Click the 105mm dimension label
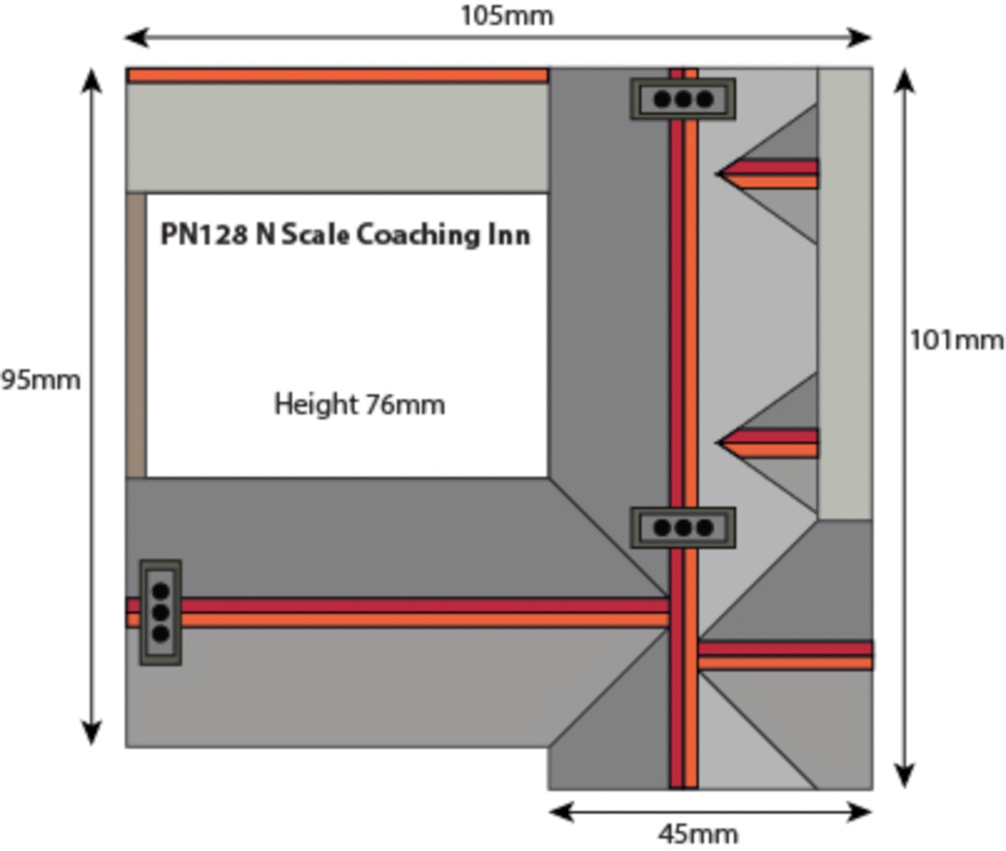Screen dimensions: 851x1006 coord(507,16)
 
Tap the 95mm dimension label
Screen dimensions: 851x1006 coord(40,381)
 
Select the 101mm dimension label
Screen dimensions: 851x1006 coord(956,340)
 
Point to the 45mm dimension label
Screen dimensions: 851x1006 coord(698,833)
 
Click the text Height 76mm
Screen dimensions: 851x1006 coord(360,405)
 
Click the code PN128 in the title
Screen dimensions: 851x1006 coord(204,234)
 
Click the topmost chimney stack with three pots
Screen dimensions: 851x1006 coord(683,99)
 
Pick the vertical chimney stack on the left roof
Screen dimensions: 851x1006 coord(161,612)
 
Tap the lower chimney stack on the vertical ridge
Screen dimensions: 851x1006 coord(683,528)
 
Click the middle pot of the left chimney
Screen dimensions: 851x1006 coord(161,612)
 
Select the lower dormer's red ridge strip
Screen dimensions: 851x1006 coord(774,436)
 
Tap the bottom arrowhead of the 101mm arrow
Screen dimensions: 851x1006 coord(904,776)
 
